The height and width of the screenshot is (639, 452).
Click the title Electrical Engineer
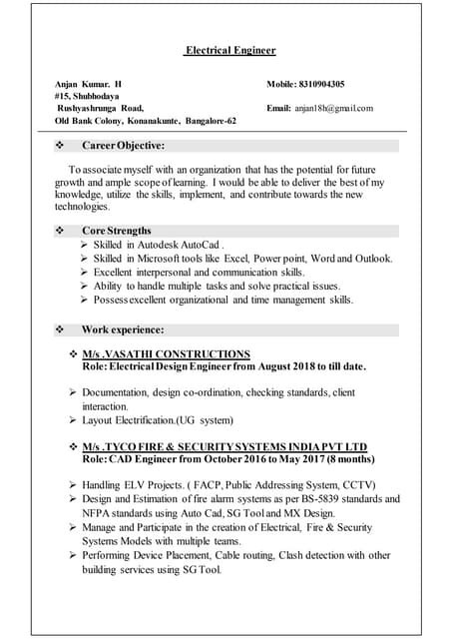229,50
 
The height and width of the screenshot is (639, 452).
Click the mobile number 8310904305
321,84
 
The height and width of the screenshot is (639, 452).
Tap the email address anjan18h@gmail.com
333,108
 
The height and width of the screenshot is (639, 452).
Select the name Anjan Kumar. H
88,84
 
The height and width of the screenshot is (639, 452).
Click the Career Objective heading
123,146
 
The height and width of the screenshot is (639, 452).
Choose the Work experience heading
122,329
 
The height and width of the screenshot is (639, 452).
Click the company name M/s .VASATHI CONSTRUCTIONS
166,354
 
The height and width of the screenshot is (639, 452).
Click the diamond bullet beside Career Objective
62,146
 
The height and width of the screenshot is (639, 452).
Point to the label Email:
278,108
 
